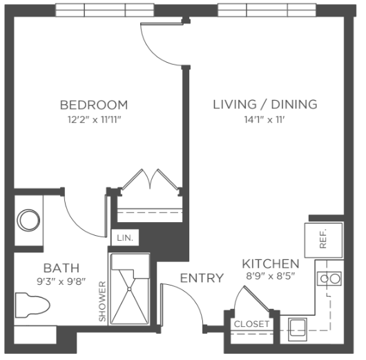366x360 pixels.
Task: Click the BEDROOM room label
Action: (94, 105)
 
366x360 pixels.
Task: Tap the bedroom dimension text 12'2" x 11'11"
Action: (95, 120)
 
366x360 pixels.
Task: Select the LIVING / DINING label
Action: (265, 104)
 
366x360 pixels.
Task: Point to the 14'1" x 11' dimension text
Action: (264, 120)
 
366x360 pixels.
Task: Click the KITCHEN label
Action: (271, 264)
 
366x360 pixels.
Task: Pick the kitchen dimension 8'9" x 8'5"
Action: (271, 277)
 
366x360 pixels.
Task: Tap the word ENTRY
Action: (202, 278)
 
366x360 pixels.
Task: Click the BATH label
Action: (61, 268)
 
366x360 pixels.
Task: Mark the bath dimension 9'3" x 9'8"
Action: (61, 281)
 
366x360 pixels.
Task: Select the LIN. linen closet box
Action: (125, 238)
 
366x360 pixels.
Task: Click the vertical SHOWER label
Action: (102, 301)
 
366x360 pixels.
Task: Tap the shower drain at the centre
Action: (129, 289)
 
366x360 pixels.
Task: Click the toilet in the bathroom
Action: (32, 306)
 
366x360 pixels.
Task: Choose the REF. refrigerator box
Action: (324, 241)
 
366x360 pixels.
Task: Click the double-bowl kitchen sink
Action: (329, 279)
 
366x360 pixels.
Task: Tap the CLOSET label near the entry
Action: (251, 324)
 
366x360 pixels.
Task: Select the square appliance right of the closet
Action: (298, 330)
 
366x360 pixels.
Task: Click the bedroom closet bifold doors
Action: (150, 179)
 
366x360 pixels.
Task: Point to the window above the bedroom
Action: (104, 10)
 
